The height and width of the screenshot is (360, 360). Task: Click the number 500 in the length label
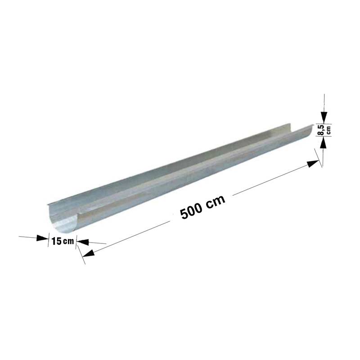click(191, 211)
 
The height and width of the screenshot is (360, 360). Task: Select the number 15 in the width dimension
click(57, 241)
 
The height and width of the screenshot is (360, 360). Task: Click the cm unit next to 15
click(68, 242)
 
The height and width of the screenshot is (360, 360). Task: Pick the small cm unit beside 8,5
click(328, 130)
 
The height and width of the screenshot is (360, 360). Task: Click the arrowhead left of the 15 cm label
click(42, 238)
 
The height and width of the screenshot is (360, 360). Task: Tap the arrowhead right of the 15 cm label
click(83, 242)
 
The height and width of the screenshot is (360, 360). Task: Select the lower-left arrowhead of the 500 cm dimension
click(88, 253)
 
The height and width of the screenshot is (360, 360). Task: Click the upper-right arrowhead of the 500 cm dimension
click(313, 164)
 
